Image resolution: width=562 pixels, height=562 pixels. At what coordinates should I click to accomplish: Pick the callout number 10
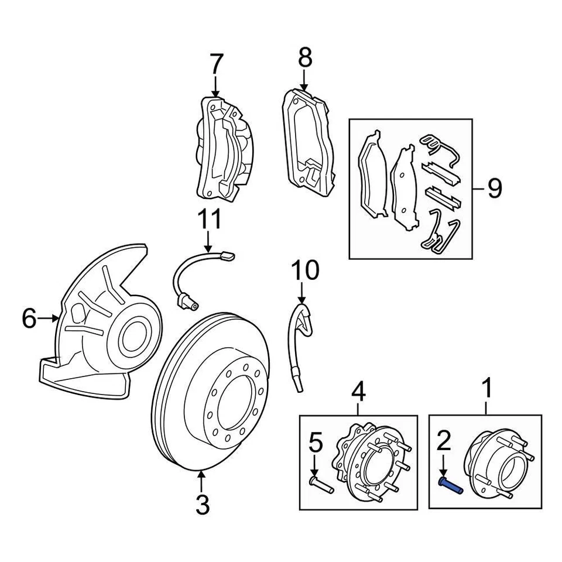(305, 270)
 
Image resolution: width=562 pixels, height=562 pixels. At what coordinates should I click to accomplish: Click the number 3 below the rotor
(203, 505)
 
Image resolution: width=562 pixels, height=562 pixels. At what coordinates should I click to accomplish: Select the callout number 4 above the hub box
(358, 392)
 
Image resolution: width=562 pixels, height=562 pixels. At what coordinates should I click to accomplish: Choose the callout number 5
(316, 444)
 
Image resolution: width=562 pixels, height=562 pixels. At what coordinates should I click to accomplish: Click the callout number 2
(444, 441)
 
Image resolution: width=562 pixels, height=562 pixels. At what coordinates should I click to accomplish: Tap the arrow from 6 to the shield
(48, 317)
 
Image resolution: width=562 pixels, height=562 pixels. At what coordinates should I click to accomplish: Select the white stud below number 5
(321, 485)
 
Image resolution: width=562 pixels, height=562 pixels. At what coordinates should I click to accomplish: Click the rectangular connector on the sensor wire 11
(228, 256)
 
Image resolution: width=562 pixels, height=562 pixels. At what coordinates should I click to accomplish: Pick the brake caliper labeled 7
(225, 148)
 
